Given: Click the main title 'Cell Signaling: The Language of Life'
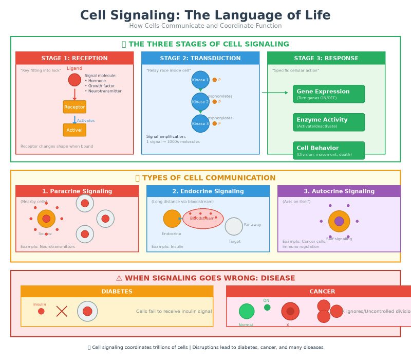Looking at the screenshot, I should click(206, 15).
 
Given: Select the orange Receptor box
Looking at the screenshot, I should click(74, 107).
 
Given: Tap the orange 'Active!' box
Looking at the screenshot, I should click(74, 130).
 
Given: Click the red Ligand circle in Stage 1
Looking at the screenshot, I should click(74, 80).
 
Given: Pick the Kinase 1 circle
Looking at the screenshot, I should click(200, 80).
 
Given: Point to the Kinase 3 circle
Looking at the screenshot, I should click(200, 123).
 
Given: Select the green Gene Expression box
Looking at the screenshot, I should click(329, 94).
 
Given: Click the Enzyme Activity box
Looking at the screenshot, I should click(329, 122).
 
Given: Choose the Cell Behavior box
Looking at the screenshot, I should click(329, 151).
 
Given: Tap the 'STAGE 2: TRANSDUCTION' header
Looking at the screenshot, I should click(200, 58).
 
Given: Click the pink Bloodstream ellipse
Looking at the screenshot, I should click(203, 219).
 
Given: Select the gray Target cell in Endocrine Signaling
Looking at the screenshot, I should click(234, 226).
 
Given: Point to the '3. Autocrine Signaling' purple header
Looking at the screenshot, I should click(339, 191).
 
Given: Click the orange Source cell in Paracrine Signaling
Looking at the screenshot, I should click(46, 219).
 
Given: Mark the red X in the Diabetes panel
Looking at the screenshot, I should click(62, 311).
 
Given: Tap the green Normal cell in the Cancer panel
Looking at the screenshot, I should click(247, 311).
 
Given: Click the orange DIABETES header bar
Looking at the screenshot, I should click(117, 292).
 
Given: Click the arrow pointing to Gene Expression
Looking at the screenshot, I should click(275, 93).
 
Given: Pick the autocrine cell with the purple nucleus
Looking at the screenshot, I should click(339, 221).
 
